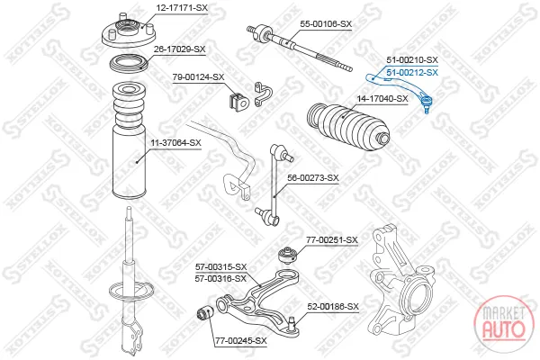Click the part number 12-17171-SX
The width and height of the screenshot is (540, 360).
[182, 7]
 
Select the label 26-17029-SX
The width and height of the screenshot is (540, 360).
[179, 49]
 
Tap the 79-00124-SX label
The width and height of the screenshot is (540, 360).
[198, 77]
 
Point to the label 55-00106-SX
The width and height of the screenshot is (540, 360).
[326, 24]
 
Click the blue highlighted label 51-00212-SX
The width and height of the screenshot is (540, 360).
[412, 73]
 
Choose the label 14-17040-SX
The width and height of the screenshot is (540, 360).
[382, 99]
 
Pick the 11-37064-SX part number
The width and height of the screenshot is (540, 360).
[175, 143]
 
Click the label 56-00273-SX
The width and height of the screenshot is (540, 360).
[313, 178]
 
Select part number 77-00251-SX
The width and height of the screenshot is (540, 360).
[332, 240]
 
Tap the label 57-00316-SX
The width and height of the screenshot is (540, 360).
[220, 279]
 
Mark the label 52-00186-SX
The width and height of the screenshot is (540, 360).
[333, 307]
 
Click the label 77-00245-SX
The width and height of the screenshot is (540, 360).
[241, 341]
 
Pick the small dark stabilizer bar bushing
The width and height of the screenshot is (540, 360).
[238, 102]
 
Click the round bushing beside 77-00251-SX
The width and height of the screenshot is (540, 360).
[288, 255]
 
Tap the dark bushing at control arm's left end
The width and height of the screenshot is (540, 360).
[205, 313]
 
